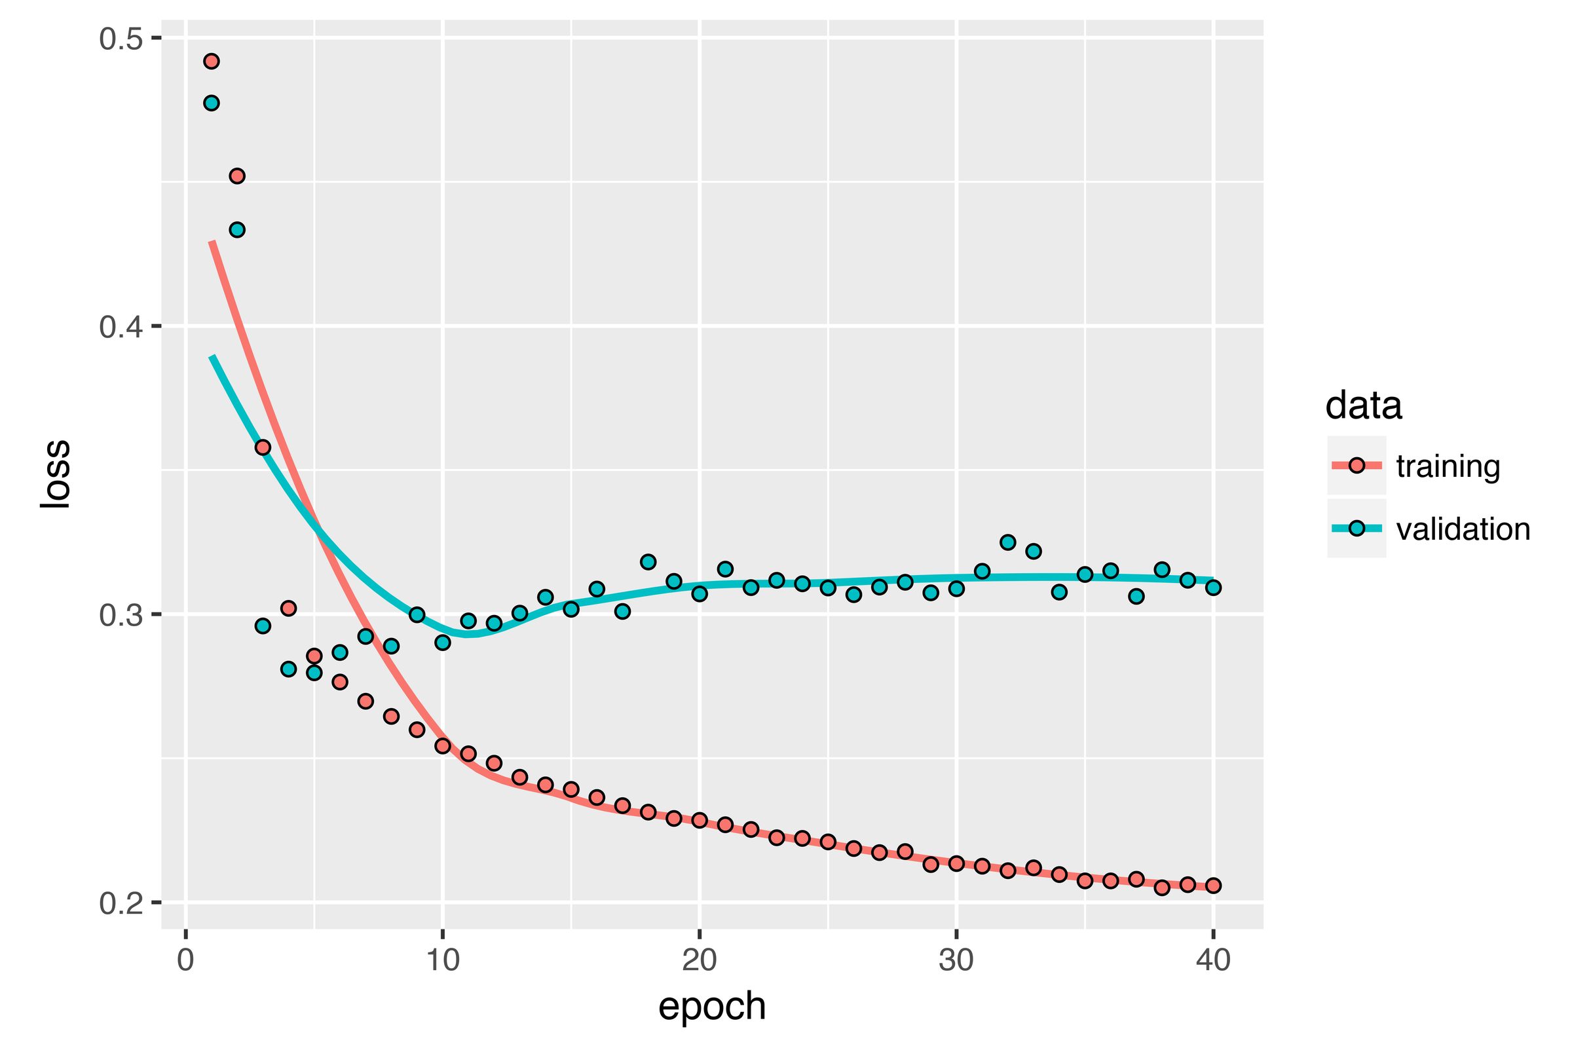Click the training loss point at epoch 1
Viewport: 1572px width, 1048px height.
211,62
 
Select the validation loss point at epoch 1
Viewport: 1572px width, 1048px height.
211,103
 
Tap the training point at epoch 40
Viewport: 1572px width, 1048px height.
1213,885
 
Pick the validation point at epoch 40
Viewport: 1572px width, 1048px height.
1213,588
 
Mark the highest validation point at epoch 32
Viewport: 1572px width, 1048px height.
1008,542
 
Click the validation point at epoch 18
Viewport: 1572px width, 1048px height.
648,561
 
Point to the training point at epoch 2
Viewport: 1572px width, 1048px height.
236,176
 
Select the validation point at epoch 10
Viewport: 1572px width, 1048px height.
443,643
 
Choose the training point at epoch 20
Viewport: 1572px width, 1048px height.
699,820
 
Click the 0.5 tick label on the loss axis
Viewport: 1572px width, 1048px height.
122,39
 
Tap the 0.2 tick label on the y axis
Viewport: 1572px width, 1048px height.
122,903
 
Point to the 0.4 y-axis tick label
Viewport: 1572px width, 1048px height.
122,327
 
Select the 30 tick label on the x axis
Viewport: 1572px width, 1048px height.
956,961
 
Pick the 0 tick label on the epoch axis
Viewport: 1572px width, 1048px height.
186,961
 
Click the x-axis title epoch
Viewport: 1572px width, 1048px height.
712,1007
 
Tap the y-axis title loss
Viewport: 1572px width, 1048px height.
55,474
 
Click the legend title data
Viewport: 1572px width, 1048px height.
1364,405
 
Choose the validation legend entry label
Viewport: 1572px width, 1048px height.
1463,529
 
